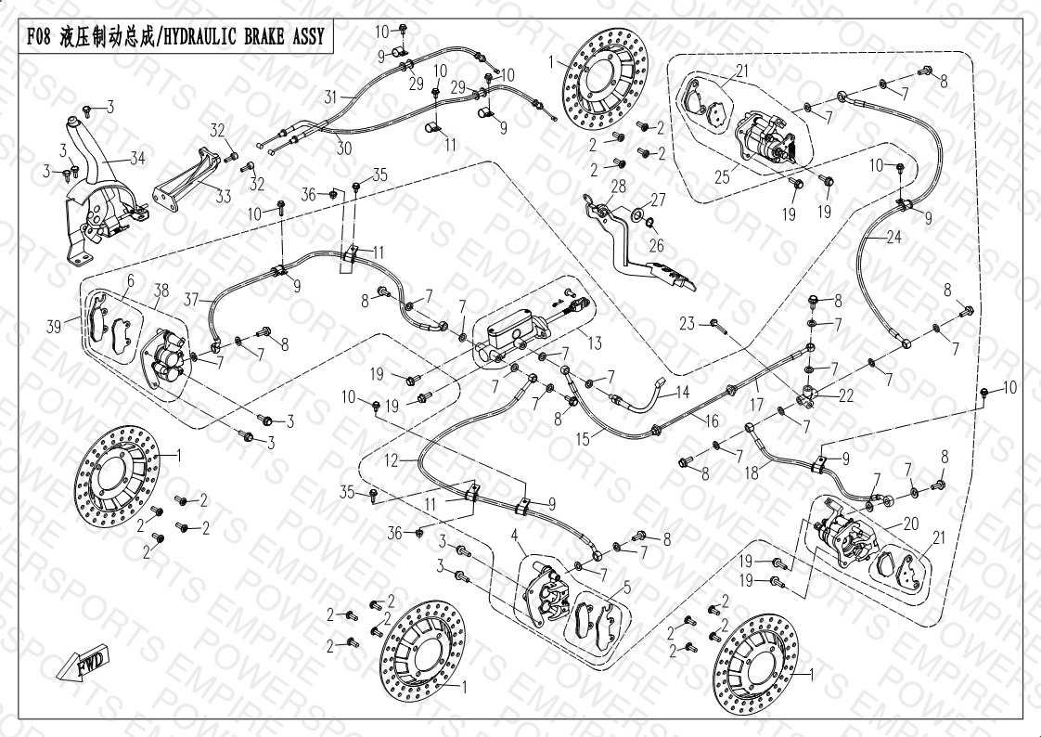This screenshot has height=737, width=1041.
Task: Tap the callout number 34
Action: point(137,159)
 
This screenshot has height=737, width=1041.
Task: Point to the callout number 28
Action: point(618,187)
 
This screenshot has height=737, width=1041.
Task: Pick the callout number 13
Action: point(595,343)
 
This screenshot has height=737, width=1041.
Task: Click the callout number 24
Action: point(893,237)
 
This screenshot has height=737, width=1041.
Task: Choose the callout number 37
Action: point(191,298)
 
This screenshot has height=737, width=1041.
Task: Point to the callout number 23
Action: point(687,323)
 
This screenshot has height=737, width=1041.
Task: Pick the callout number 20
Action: point(910,524)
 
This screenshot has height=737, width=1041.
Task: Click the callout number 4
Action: point(514,534)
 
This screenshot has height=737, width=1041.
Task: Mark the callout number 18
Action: point(752,472)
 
